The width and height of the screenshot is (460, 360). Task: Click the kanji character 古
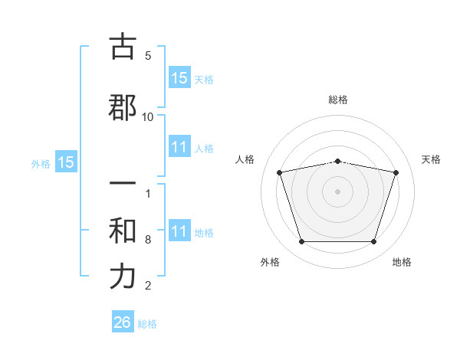click(123, 47)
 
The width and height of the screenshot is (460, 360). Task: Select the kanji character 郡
click(123, 107)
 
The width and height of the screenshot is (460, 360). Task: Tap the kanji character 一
click(123, 185)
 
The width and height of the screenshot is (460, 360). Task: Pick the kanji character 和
click(123, 229)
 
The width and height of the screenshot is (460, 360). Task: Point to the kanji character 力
click(123, 277)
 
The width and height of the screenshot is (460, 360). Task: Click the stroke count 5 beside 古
click(148, 56)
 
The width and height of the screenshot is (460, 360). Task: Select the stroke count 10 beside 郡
click(148, 117)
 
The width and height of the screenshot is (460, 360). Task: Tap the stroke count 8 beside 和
click(148, 240)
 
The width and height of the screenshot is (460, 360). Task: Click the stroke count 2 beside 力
click(148, 286)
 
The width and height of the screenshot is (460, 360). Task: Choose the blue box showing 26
click(123, 322)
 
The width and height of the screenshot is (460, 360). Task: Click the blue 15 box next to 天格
click(179, 78)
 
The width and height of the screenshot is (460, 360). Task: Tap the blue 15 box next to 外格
click(65, 162)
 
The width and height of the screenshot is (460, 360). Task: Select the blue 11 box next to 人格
click(179, 147)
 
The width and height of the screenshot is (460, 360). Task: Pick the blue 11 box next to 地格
click(179, 231)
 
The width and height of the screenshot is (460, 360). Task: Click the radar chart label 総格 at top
click(338, 100)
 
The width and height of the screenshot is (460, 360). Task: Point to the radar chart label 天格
click(432, 159)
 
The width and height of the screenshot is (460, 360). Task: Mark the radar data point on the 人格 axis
click(280, 172)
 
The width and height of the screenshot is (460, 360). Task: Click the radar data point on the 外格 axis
click(301, 242)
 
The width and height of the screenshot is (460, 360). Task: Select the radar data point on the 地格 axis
click(373, 242)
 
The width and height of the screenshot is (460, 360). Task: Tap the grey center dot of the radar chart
click(337, 191)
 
